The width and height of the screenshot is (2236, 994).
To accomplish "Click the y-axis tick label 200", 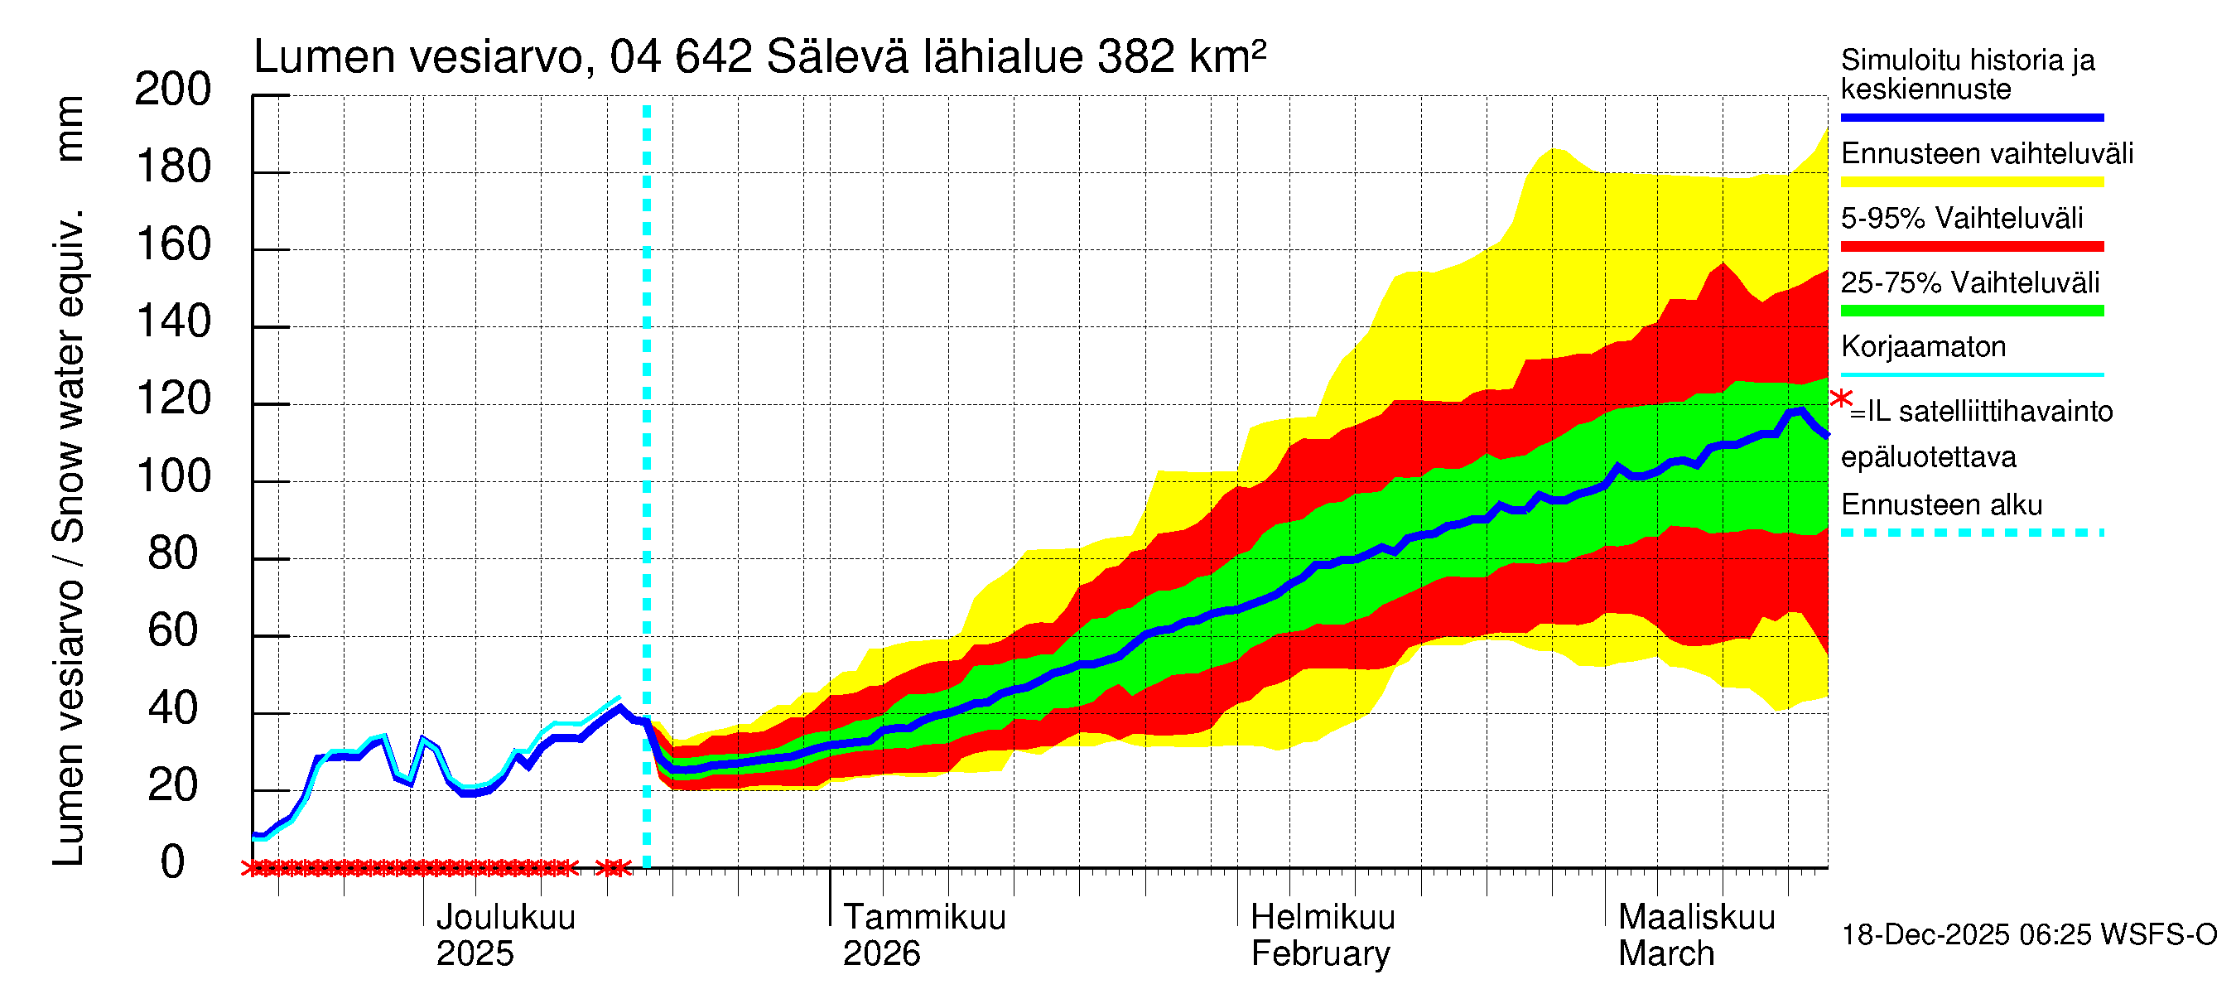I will point(173,90).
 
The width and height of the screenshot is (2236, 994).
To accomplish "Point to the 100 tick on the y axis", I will point(173,477).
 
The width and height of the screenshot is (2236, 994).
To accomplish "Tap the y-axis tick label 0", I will point(173,863).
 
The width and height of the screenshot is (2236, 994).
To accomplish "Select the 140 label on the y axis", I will point(173,323).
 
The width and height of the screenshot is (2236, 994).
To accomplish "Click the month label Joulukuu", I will point(505,918).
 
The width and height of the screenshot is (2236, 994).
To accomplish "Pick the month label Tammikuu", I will point(923,918).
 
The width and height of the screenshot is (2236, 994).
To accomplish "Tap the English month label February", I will point(1319,954).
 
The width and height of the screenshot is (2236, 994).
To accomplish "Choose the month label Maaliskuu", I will point(1696,918).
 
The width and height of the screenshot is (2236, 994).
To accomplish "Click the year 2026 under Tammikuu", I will point(881,954).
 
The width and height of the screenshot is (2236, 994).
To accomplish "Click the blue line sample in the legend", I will point(1971,117).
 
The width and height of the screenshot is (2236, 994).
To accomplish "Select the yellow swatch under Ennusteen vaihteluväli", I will point(1971,182).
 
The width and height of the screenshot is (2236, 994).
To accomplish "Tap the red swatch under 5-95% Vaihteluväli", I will point(1971,247).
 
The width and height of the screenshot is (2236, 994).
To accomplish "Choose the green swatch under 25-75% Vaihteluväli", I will point(1971,311).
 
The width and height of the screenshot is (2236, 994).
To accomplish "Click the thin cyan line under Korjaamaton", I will point(1971,375).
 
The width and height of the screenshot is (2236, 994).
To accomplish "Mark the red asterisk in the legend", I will point(1840,400).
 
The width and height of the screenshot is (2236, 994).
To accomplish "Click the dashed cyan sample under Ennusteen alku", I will point(1971,533).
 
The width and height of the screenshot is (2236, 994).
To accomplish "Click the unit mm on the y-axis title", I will point(70,128).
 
